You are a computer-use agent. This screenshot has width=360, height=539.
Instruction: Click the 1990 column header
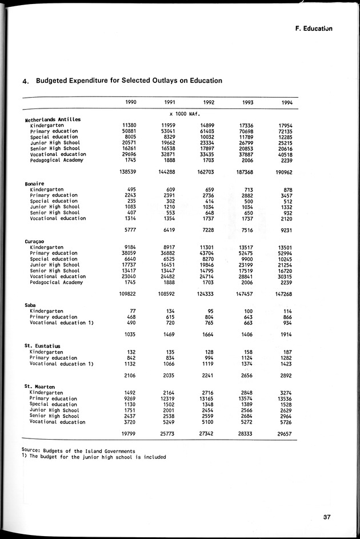point(131,102)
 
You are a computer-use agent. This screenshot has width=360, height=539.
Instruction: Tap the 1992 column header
point(209,102)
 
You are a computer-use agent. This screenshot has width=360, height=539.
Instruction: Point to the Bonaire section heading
point(34,183)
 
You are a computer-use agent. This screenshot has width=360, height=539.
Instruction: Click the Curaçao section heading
point(35,242)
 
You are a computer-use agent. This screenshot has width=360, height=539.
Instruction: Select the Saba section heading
point(31,305)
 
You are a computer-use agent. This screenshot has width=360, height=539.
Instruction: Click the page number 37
point(326,518)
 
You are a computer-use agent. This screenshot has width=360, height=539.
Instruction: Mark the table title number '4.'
point(26,82)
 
